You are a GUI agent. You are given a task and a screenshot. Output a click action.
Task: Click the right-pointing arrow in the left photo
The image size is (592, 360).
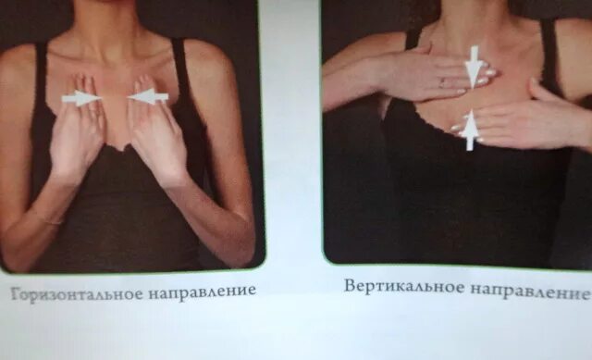click(x=81, y=98)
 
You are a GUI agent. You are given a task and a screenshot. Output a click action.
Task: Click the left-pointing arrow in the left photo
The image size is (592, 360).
click(x=149, y=95)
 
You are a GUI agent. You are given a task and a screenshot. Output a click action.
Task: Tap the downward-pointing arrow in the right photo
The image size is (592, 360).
click(x=474, y=66)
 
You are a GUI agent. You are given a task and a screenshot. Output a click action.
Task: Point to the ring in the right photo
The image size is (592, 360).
click(x=441, y=82)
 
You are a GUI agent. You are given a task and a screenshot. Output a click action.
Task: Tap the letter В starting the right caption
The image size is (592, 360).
click(x=351, y=286)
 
